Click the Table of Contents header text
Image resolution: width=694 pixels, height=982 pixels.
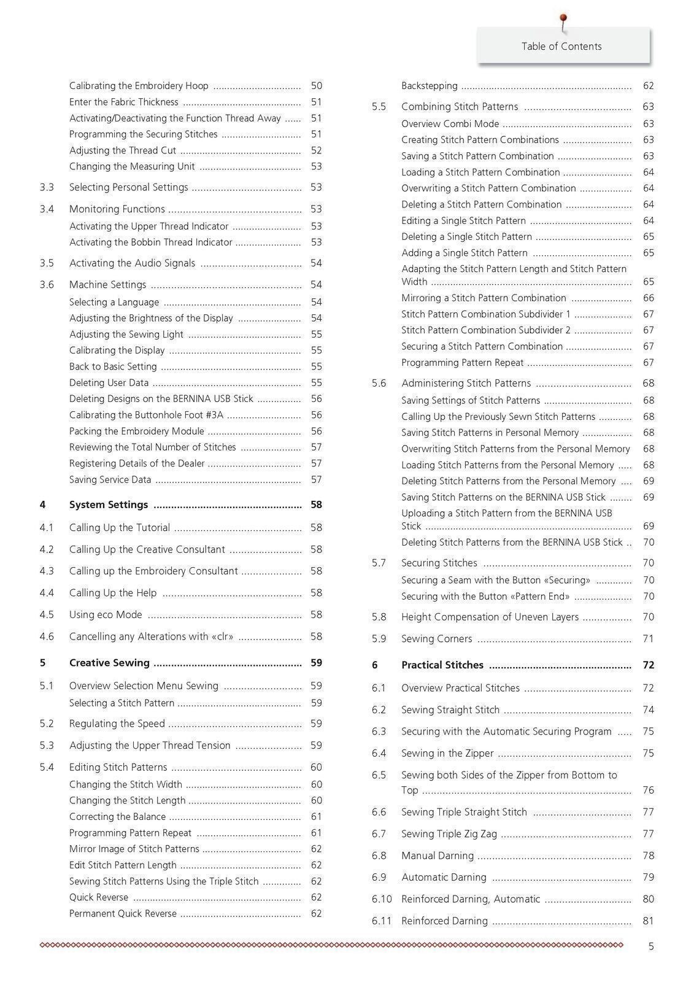pyautogui.click(x=561, y=47)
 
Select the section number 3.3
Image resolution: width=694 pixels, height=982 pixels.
pyautogui.click(x=47, y=187)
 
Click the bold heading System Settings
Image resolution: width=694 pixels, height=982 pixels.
pyautogui.click(x=109, y=505)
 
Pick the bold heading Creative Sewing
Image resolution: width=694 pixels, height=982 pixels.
pyautogui.click(x=109, y=663)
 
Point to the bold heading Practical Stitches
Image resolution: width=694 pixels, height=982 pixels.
pyautogui.click(x=442, y=665)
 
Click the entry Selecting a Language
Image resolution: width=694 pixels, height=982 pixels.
pyautogui.click(x=114, y=302)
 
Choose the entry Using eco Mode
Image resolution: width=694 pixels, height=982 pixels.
pyautogui.click(x=106, y=614)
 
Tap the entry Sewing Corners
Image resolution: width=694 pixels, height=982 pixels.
pyautogui.click(x=437, y=639)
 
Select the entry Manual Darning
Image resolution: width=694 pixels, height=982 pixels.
pyautogui.click(x=438, y=856)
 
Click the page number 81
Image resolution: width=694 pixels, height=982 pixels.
pyautogui.click(x=649, y=921)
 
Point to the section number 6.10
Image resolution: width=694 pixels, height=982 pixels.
pyautogui.click(x=382, y=899)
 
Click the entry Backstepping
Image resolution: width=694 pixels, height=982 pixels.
pyautogui.click(x=430, y=86)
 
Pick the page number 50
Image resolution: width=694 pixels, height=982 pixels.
pyautogui.click(x=317, y=86)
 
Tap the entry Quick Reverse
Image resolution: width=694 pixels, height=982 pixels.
pyautogui.click(x=99, y=897)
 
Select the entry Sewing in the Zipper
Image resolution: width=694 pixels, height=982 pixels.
pyautogui.click(x=447, y=753)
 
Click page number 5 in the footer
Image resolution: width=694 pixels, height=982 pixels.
pyautogui.click(x=651, y=946)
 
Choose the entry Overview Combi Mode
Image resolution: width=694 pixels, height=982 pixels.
pyautogui.click(x=450, y=124)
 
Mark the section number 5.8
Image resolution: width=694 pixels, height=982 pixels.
pyautogui.click(x=379, y=617)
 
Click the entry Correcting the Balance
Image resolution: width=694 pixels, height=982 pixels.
pyautogui.click(x=117, y=817)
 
